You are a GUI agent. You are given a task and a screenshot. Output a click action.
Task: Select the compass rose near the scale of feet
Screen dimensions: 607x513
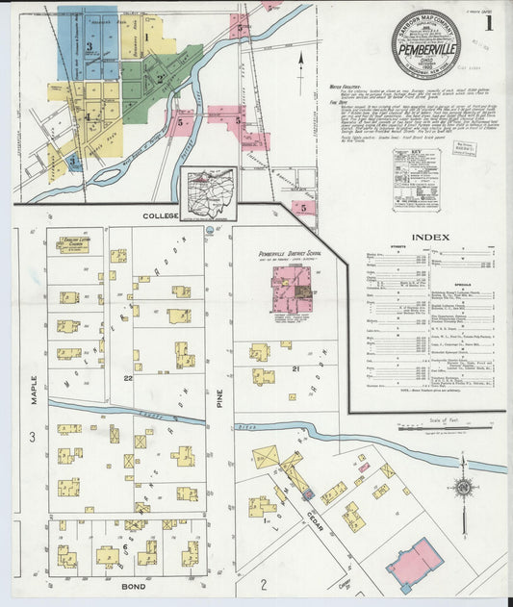coord(464,488)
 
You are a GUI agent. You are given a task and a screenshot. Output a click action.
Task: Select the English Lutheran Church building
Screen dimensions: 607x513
coord(72,246)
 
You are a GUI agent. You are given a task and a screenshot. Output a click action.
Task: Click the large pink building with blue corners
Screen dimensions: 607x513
coord(414,565)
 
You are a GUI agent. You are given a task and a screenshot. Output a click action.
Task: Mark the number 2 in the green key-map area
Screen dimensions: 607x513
coord(159,79)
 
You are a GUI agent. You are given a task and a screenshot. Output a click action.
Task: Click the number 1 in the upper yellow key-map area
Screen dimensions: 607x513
coord(146,38)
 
